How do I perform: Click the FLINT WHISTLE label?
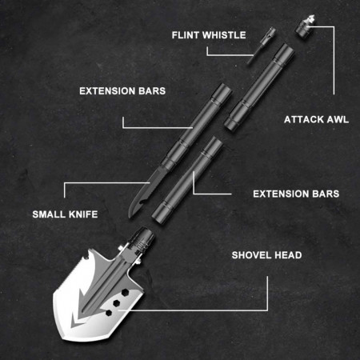[209, 35]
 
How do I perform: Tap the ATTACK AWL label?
[316, 119]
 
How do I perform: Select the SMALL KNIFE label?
[65, 214]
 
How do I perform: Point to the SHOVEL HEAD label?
[266, 255]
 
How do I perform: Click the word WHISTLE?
[224, 35]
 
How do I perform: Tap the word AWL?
[338, 119]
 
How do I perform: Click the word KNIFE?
[83, 214]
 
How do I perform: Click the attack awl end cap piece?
[306, 26]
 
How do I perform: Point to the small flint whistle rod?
[261, 46]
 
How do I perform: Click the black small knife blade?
[142, 194]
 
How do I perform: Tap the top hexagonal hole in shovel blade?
[125, 293]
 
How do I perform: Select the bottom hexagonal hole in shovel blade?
[109, 313]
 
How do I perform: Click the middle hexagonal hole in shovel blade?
[117, 303]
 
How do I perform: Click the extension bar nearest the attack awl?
[259, 86]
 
